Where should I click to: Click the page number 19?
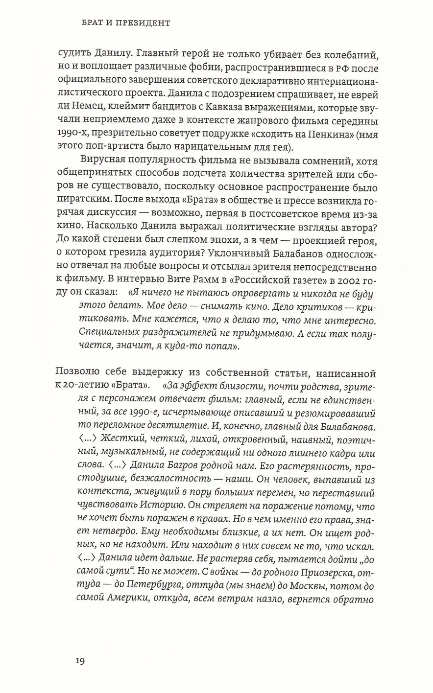80,661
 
